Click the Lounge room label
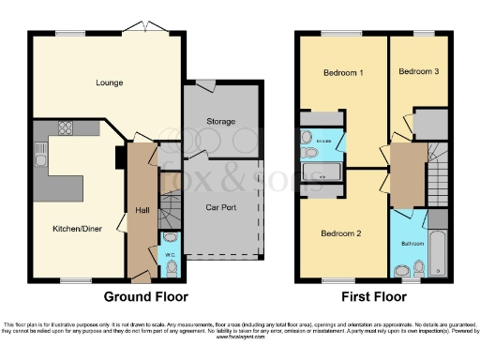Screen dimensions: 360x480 click(109, 82)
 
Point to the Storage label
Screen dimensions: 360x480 click(221, 121)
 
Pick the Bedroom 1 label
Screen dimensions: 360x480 click(343, 72)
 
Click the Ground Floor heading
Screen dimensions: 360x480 click(145, 296)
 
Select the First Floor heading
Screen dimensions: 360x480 click(373, 296)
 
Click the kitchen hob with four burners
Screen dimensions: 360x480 click(68, 129)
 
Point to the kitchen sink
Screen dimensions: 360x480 click(41, 155)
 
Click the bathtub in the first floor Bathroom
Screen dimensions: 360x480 click(438, 246)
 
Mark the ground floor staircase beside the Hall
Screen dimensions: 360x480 click(169, 212)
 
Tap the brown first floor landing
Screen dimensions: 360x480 click(407, 173)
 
